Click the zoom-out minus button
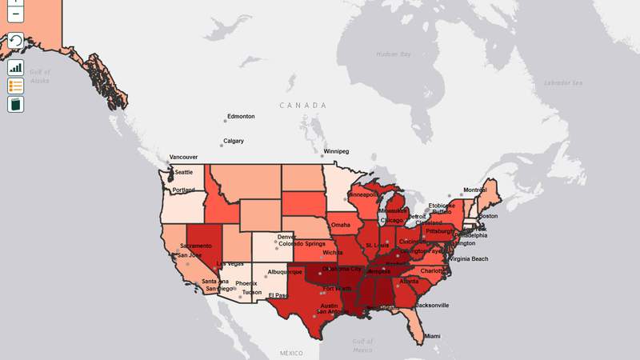(x=15, y=14)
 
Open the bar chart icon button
(x=15, y=67)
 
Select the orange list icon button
(x=15, y=86)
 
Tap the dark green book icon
(x=15, y=104)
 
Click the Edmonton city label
(x=241, y=117)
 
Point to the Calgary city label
(x=234, y=141)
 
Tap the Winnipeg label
(x=335, y=151)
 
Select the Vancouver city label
(x=182, y=158)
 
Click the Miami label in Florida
(x=432, y=335)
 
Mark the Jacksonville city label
(x=432, y=305)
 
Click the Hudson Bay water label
(x=393, y=54)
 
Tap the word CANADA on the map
(x=303, y=106)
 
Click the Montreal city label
(x=474, y=190)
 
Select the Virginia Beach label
(x=470, y=259)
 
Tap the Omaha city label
(x=341, y=225)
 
